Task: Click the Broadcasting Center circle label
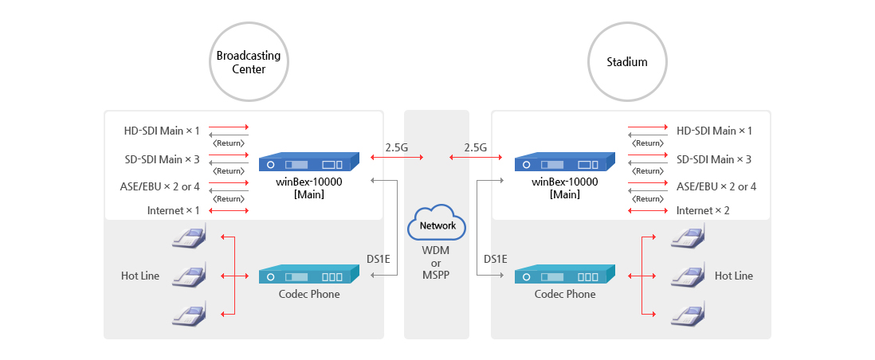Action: tap(249, 62)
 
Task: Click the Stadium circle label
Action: tap(627, 62)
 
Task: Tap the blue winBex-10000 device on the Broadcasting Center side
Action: tap(308, 162)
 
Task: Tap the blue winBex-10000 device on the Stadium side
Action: tap(564, 162)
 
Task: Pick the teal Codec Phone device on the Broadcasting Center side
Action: tap(308, 275)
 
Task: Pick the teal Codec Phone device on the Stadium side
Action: tap(564, 275)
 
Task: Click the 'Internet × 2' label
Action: tap(703, 210)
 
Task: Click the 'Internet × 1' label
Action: tap(173, 210)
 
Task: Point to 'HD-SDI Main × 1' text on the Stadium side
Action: tap(714, 131)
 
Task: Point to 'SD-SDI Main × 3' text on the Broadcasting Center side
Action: tap(162, 159)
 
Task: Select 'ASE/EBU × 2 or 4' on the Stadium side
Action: tap(716, 186)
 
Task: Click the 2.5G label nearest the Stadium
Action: tap(476, 148)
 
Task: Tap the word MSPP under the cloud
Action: tap(437, 275)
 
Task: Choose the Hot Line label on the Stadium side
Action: tap(734, 276)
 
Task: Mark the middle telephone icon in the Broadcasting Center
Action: tap(189, 275)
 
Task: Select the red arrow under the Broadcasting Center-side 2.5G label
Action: tap(397, 158)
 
